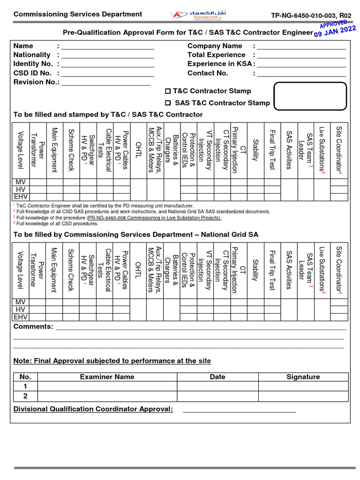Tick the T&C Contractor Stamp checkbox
[x=168, y=91]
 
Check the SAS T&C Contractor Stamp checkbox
[x=168, y=103]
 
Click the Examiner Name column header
[x=107, y=377]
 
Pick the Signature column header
[x=303, y=377]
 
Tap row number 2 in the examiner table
[x=25, y=396]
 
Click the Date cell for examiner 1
[x=217, y=387]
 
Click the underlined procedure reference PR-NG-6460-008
[x=154, y=217]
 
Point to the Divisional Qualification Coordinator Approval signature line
[x=239, y=411]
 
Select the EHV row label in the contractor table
[x=21, y=197]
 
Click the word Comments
[x=33, y=326]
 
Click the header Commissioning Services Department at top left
[x=77, y=14]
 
